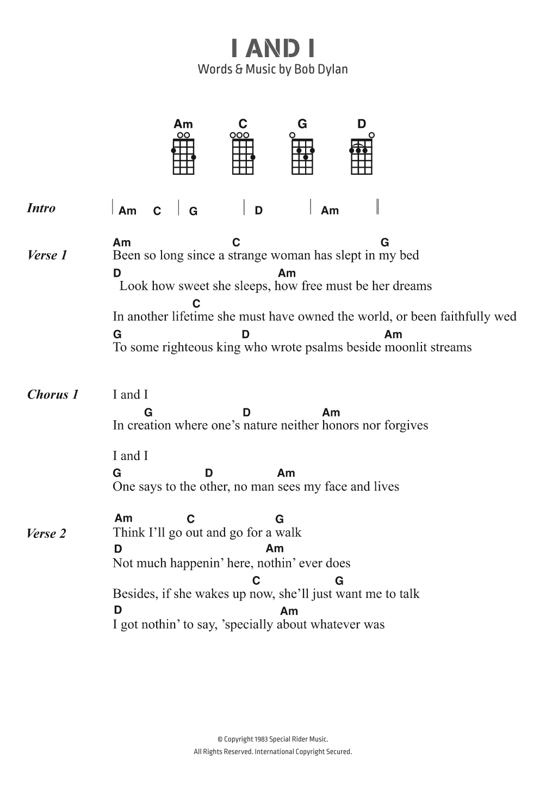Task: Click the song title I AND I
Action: click(273, 48)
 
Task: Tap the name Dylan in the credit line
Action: click(332, 69)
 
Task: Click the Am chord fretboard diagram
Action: click(183, 156)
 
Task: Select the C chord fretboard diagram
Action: click(243, 156)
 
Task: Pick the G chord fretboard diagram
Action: click(302, 156)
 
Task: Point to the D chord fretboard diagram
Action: click(362, 156)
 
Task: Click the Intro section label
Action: click(41, 208)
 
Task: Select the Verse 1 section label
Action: click(47, 255)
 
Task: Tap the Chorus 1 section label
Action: click(53, 394)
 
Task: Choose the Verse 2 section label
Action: click(46, 533)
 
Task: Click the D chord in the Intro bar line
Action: click(259, 210)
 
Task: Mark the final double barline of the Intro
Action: click(377, 207)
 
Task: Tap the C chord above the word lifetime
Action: click(196, 303)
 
